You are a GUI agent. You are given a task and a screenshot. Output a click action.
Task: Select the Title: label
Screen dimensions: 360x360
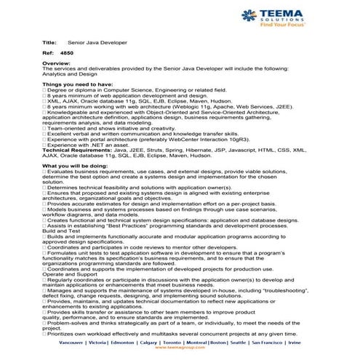pos(49,44)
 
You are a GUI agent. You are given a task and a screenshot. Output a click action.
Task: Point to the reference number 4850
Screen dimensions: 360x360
pos(68,54)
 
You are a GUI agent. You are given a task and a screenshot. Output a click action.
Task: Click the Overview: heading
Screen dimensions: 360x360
pos(57,64)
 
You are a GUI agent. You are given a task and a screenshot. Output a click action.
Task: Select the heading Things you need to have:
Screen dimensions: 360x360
pos(78,84)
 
